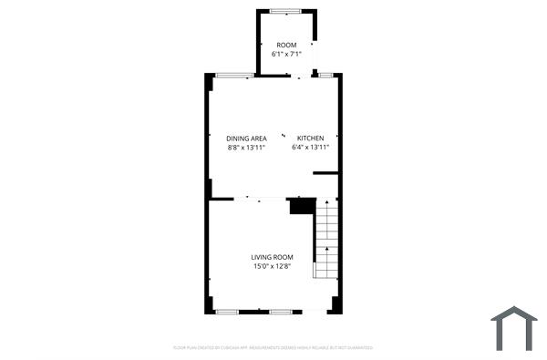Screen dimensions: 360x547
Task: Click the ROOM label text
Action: click(287, 45)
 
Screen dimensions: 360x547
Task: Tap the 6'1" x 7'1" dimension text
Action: click(287, 54)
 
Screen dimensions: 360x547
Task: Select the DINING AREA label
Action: click(246, 139)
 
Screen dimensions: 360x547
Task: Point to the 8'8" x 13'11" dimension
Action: click(246, 148)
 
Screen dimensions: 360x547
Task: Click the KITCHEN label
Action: click(310, 139)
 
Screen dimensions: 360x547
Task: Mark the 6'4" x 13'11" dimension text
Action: click(310, 148)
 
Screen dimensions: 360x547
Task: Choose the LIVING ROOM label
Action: click(273, 257)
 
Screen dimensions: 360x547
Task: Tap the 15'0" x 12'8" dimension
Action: click(273, 267)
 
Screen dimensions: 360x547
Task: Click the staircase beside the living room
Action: click(326, 240)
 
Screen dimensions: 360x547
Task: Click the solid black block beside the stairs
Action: click(302, 206)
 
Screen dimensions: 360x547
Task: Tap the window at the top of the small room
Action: click(286, 11)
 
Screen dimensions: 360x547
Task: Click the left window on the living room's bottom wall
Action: click(227, 312)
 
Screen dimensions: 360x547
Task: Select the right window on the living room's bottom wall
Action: click(281, 312)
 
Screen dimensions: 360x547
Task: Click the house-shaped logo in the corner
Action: click(514, 327)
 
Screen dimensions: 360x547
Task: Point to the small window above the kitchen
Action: click(325, 75)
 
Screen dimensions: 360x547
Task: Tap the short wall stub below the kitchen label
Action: click(326, 172)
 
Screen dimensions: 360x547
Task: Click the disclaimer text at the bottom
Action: click(273, 347)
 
